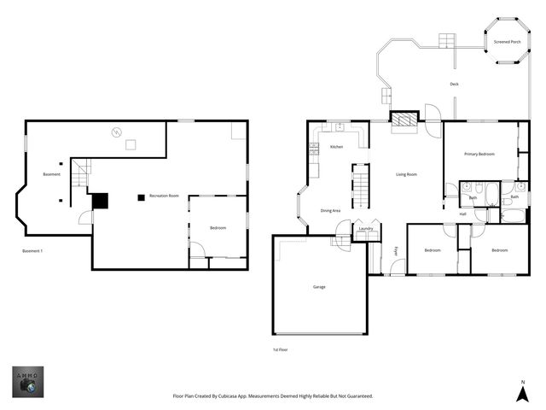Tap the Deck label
(455, 84)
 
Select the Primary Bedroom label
(479, 154)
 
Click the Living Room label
(406, 174)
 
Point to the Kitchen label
(336, 147)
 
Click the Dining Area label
(330, 210)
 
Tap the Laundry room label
(366, 228)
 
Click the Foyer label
(396, 250)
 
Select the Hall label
(462, 214)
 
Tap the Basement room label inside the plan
(51, 175)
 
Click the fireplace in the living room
(404, 120)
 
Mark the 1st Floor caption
(280, 350)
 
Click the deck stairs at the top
(448, 41)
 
